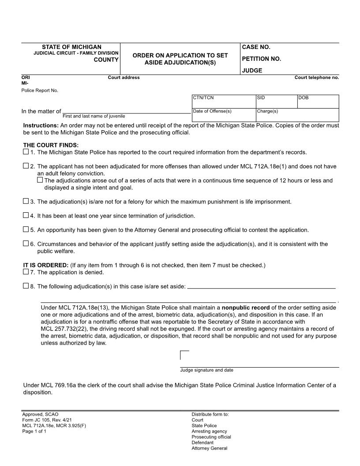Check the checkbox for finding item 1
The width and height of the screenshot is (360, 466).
point(25,152)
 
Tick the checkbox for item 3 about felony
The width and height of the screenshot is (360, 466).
point(25,202)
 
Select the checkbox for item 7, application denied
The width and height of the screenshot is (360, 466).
point(25,272)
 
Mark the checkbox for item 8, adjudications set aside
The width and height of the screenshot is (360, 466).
point(25,286)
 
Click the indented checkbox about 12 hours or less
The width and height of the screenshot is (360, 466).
point(40,180)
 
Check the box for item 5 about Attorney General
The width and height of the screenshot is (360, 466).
point(25,230)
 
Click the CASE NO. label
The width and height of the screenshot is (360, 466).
point(256,47)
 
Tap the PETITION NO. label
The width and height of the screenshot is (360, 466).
point(261,59)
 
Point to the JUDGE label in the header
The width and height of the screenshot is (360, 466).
point(252,71)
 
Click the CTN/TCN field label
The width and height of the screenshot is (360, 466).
point(203,98)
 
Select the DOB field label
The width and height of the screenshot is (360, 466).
point(304,98)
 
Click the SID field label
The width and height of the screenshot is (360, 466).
point(261,98)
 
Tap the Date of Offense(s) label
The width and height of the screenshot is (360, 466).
point(212,111)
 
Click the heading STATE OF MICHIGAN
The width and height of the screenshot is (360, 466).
point(71,47)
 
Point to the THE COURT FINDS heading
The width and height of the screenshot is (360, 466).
point(51,145)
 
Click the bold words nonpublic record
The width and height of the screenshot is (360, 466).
point(245,308)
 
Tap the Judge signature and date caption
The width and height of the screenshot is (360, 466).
point(206,370)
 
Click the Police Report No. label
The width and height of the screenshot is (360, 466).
point(40,90)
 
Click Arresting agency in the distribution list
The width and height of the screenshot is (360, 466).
point(209,431)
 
